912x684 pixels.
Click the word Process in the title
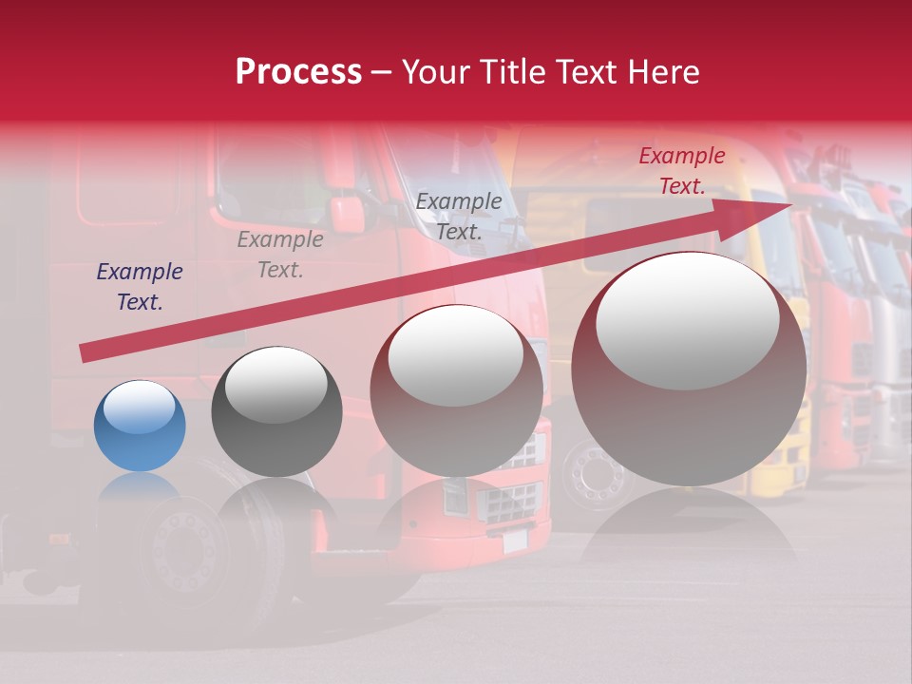[298, 72]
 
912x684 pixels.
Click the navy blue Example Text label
[140, 287]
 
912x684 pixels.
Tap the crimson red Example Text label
[681, 171]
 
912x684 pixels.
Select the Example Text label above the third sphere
[459, 216]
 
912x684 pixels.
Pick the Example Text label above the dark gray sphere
[280, 255]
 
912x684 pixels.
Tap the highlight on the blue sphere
[140, 408]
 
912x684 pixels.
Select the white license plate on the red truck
[514, 541]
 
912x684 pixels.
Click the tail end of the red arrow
[85, 352]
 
